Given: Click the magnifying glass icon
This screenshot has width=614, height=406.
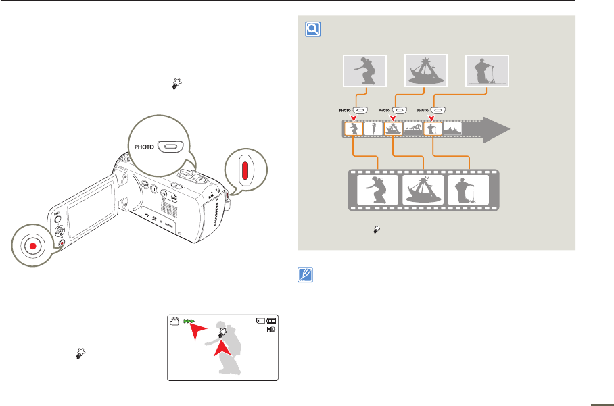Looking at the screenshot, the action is tap(312, 30).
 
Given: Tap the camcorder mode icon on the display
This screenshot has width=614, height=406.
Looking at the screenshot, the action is tap(176, 322).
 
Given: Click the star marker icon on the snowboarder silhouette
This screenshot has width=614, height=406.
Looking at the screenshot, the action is tap(222, 333).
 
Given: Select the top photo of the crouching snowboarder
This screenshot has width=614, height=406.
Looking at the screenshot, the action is tap(364, 70).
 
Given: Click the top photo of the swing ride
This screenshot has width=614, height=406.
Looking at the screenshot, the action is tap(425, 70).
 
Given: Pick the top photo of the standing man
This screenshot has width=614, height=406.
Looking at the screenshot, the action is tap(487, 70).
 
